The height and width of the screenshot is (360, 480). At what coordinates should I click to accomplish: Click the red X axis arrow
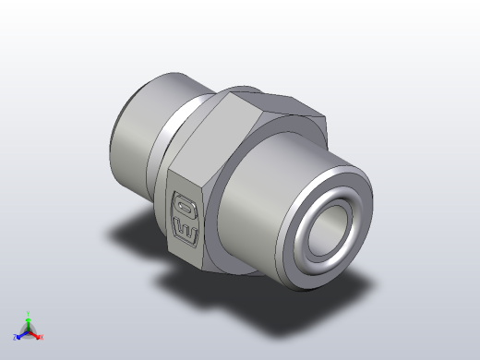click(x=37, y=334)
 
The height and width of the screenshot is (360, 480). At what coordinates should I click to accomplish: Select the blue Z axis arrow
click(x=20, y=335)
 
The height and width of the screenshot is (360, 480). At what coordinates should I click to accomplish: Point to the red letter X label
click(x=42, y=337)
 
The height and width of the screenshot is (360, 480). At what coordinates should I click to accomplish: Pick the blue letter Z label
click(x=16, y=338)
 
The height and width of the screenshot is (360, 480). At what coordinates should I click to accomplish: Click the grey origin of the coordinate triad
click(x=28, y=331)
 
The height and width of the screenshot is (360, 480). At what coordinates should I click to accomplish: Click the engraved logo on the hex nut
click(x=184, y=211)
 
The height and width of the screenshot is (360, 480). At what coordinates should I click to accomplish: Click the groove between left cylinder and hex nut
click(x=177, y=129)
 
